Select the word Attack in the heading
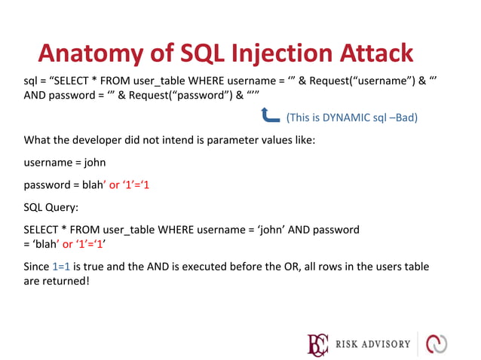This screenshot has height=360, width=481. [x=378, y=53]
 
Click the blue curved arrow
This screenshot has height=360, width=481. [x=270, y=115]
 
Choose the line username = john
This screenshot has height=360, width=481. [x=65, y=162]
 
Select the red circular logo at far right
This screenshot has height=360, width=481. [x=437, y=344]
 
